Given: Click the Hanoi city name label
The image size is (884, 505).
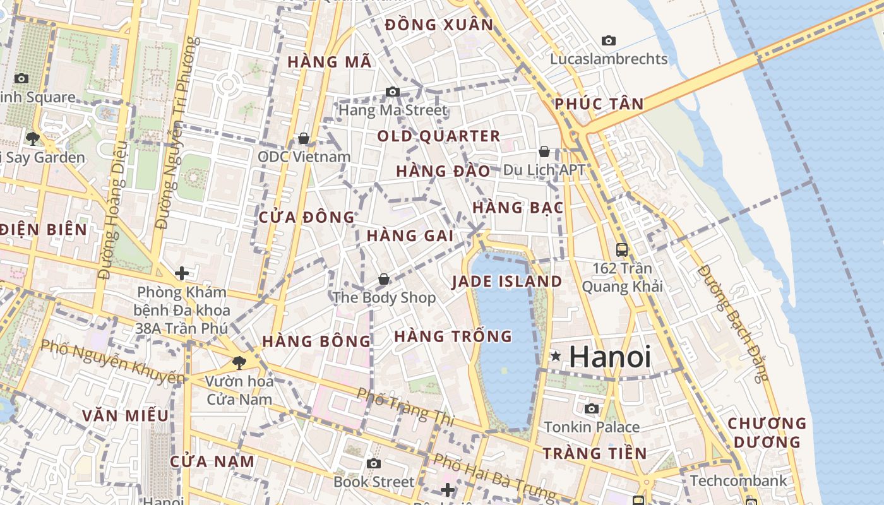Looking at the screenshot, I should [x=609, y=357].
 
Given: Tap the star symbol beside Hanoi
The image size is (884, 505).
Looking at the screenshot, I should [x=556, y=357].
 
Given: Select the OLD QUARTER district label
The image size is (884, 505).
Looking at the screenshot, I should [x=439, y=136].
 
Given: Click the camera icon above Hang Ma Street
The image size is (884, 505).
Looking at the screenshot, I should [x=392, y=92].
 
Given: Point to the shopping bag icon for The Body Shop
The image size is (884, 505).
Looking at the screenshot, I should [x=383, y=279].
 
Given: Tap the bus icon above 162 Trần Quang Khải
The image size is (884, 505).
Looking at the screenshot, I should [x=622, y=249].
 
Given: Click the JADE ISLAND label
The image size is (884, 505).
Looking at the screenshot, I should [x=507, y=282].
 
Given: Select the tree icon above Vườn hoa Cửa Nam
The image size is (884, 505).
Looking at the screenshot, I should [x=239, y=362].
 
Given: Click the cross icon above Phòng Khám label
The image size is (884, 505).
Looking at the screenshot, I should [x=182, y=273].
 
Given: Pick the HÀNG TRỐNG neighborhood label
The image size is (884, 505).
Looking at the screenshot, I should [x=453, y=336].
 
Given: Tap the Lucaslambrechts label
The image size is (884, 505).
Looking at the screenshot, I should [x=609, y=59].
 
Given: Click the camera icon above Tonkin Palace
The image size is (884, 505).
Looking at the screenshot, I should [x=592, y=409].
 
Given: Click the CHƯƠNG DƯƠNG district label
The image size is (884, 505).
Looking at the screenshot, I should [x=767, y=432].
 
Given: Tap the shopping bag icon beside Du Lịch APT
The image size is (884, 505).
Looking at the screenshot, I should [x=544, y=151].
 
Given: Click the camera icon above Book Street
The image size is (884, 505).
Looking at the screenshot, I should [x=374, y=464].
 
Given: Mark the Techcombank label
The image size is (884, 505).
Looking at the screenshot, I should [x=738, y=481].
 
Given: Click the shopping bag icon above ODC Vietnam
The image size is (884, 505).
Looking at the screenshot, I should [x=304, y=138].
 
